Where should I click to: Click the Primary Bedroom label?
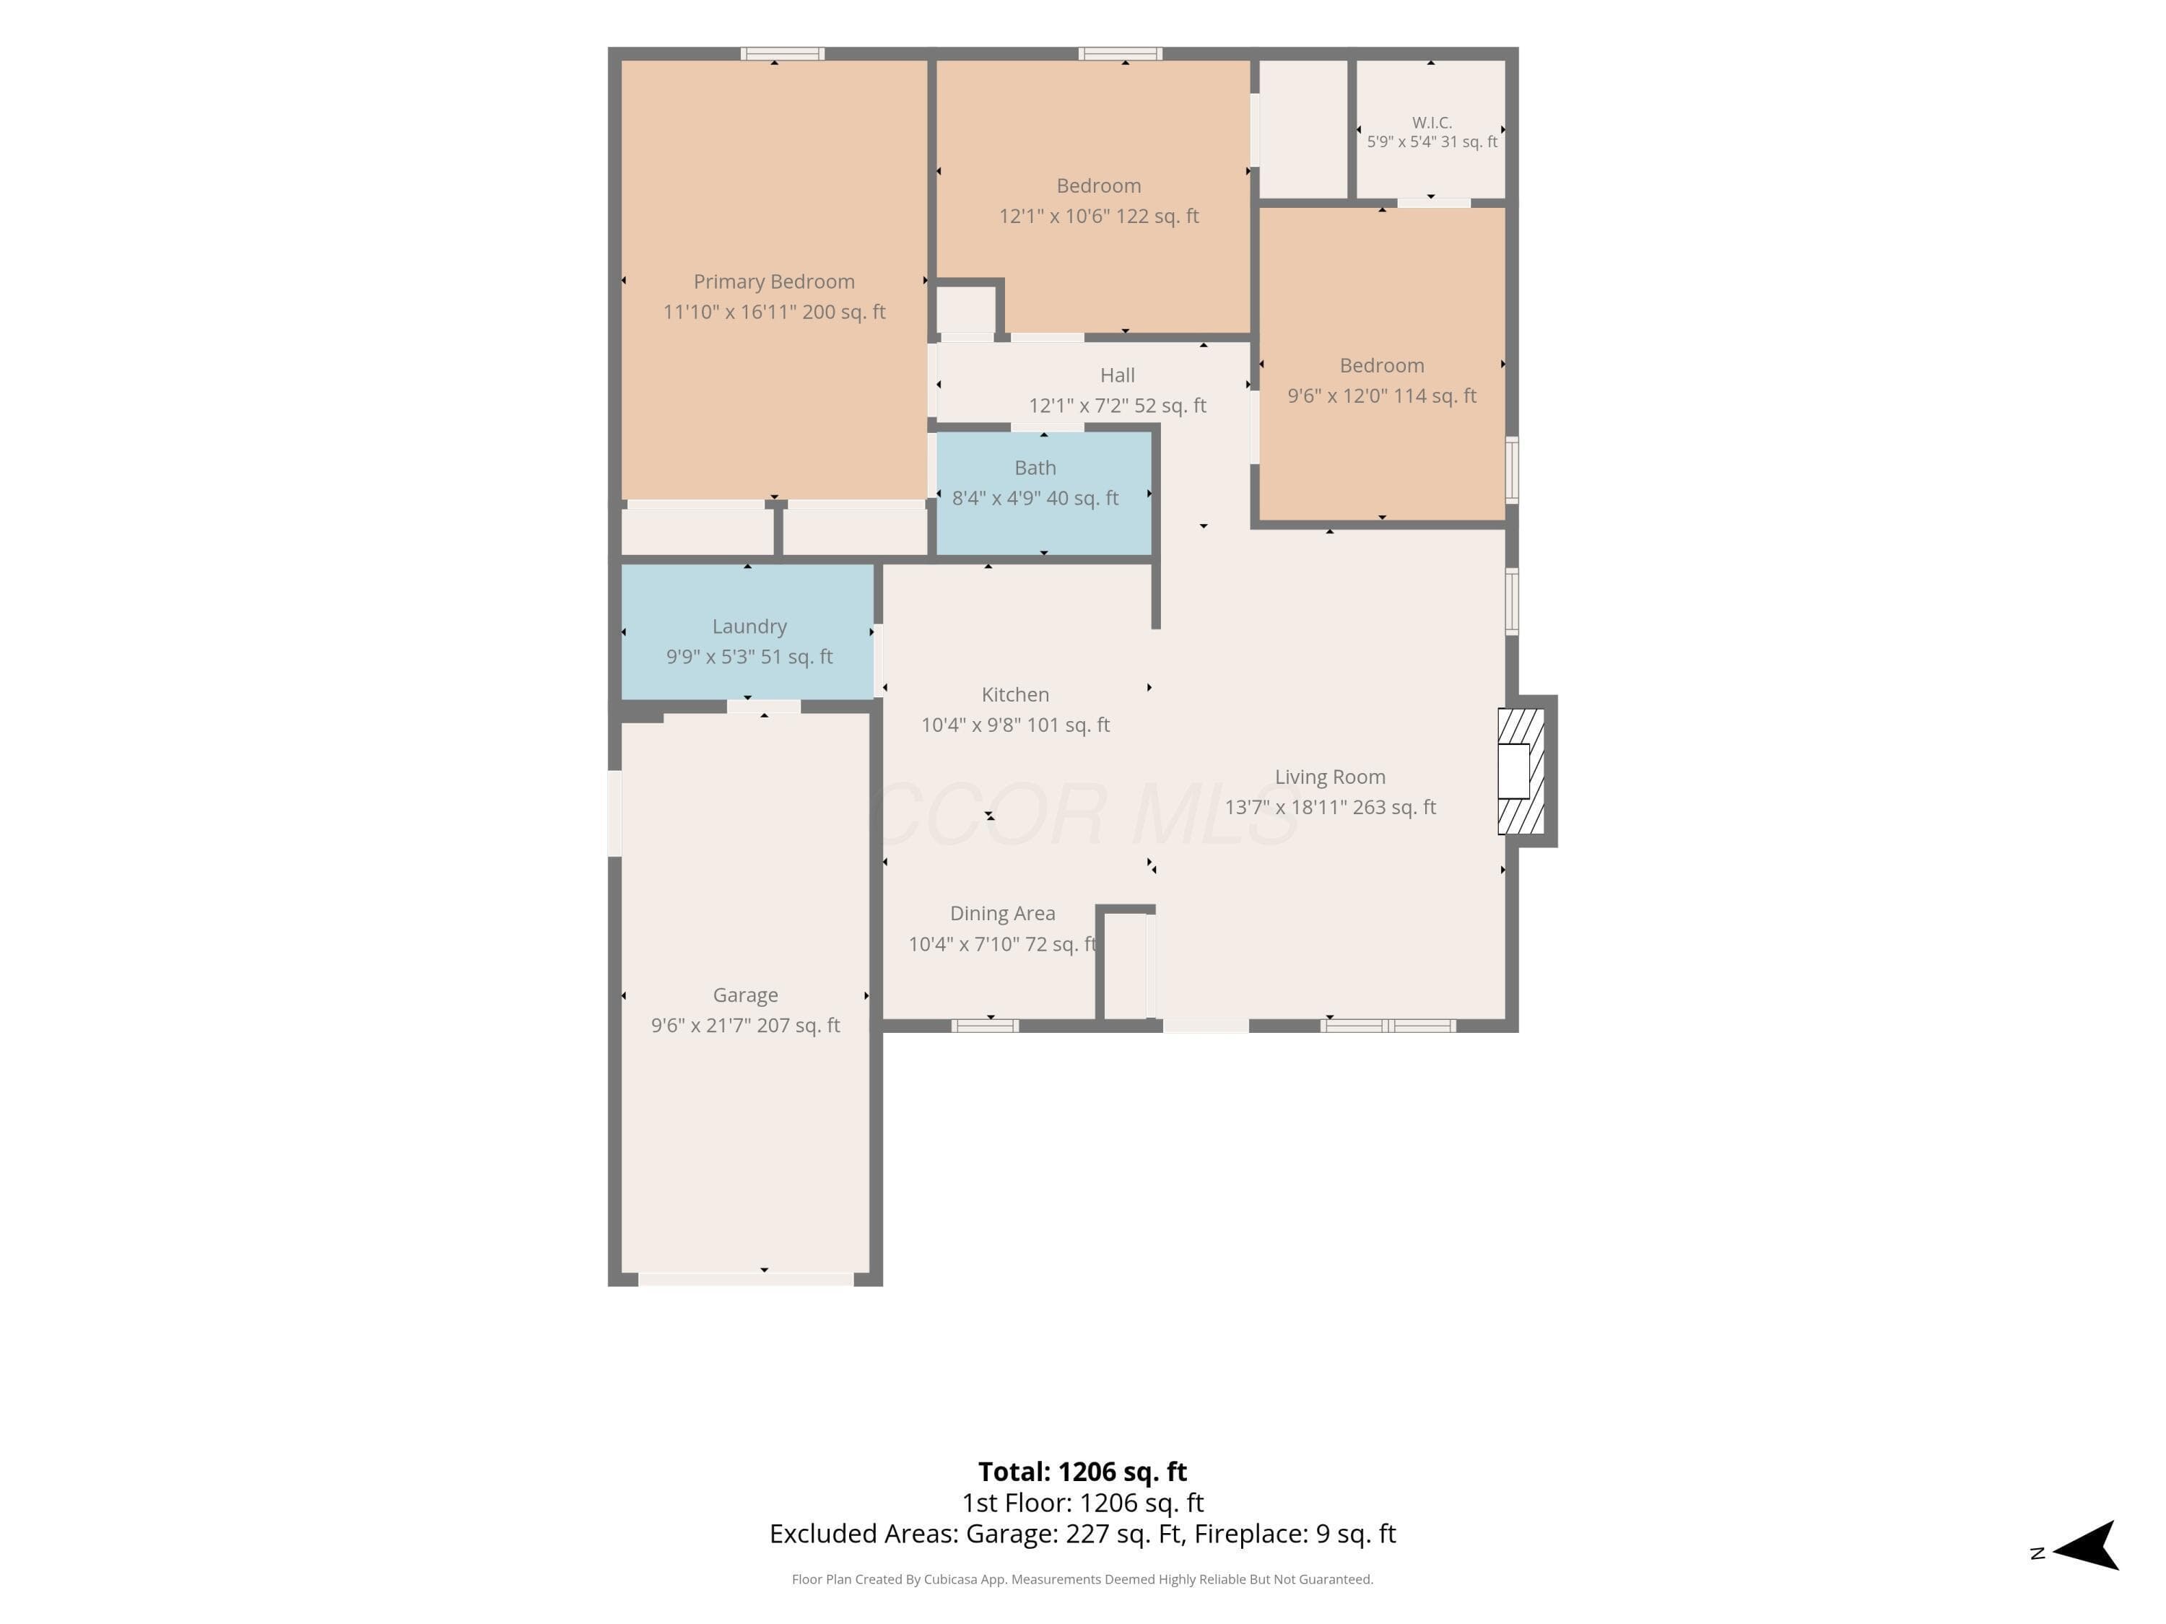tap(773, 282)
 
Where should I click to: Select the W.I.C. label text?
tap(1432, 123)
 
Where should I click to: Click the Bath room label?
tap(1035, 468)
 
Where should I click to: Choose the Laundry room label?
tap(749, 627)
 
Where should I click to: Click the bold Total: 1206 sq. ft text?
tap(1082, 1471)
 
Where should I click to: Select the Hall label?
tap(1117, 375)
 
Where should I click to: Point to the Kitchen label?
tap(1015, 694)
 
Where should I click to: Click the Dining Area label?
tap(1003, 913)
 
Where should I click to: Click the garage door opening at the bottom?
tap(746, 1280)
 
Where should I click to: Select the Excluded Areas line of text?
tap(1082, 1533)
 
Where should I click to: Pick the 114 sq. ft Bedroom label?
tap(1382, 365)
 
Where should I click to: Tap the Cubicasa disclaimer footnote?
tap(1082, 1579)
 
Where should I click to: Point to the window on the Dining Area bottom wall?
tap(985, 1026)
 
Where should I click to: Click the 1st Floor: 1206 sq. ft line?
tap(1082, 1503)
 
